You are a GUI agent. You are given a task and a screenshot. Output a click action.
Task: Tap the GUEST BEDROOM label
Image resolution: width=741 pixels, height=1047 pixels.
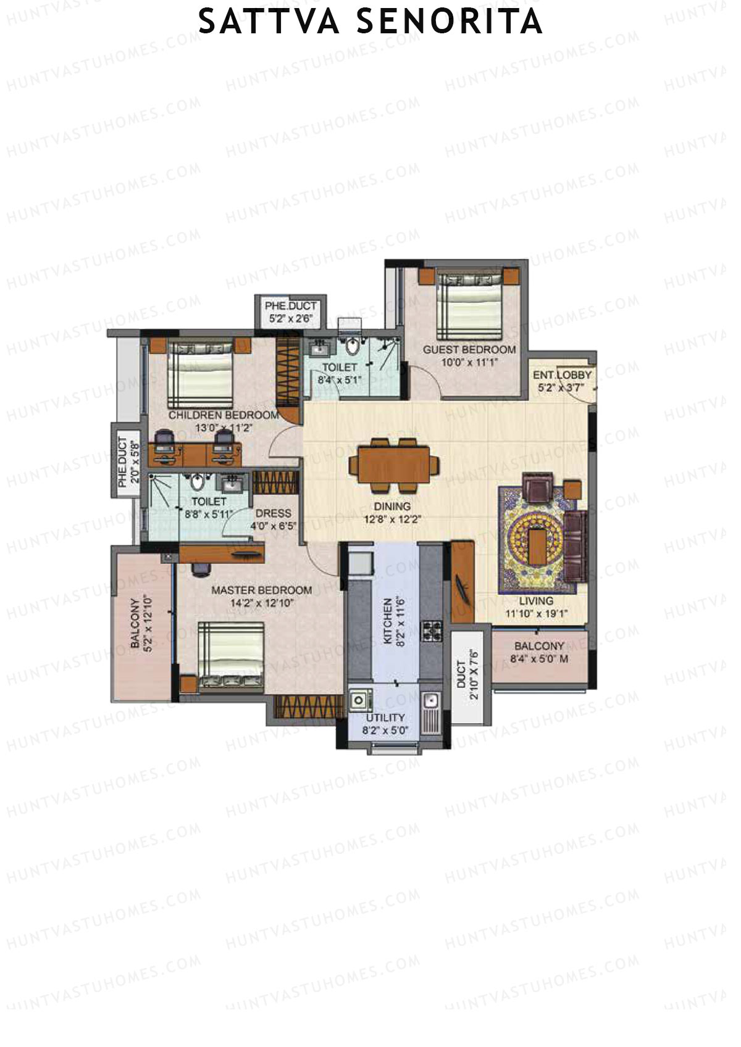[x=469, y=350]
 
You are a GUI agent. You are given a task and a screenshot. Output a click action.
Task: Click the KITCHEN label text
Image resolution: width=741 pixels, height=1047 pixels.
[x=388, y=621]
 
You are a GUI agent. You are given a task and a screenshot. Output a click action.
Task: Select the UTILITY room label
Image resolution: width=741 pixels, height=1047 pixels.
[x=385, y=718]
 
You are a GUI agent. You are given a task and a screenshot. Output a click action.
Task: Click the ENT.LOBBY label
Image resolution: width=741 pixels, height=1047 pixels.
[x=563, y=375]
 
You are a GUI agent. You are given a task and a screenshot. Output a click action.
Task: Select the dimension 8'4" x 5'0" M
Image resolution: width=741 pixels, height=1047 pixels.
[x=540, y=659]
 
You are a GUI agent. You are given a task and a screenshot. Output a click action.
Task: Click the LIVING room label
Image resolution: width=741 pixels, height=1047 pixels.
[x=536, y=600]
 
